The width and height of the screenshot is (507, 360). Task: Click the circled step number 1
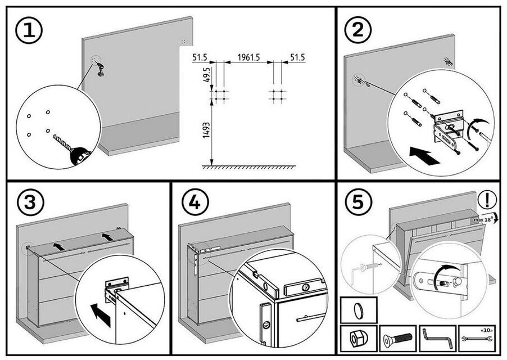coord(28,31)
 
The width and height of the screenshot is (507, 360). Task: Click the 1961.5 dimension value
coord(248,57)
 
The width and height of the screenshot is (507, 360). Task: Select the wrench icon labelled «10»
coord(476,339)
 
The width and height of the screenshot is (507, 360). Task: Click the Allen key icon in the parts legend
coord(437,339)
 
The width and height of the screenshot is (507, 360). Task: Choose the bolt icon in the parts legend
coord(398,339)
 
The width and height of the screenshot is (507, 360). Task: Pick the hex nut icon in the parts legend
coord(359,339)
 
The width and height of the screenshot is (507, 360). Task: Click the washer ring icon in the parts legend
coord(359,309)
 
